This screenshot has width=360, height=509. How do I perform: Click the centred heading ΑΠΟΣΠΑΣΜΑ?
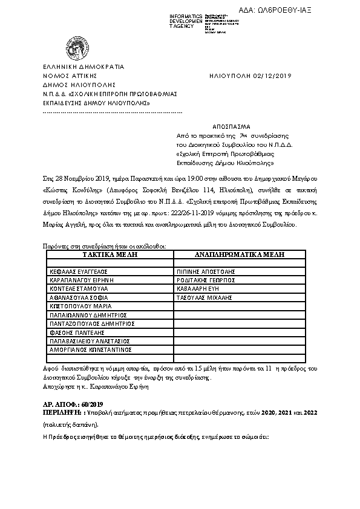click(231, 128)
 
